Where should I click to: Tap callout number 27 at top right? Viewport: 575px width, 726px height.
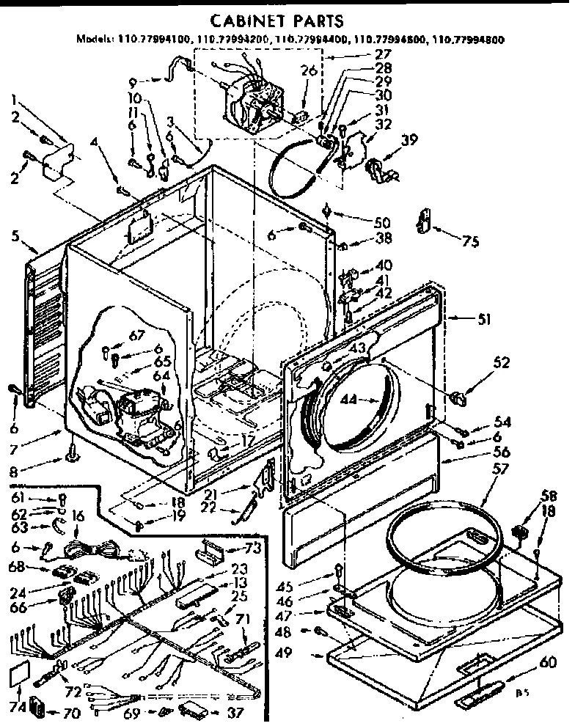(x=383, y=54)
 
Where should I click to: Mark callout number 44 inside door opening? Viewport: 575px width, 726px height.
(x=348, y=400)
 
